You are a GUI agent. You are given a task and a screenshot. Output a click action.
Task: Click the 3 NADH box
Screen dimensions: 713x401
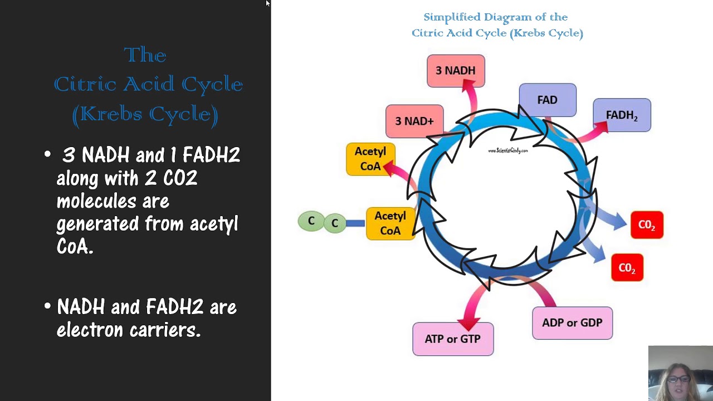click(456, 71)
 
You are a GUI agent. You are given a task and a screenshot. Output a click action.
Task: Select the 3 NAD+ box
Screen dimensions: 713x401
click(414, 121)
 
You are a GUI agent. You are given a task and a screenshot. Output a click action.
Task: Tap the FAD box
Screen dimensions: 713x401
click(548, 100)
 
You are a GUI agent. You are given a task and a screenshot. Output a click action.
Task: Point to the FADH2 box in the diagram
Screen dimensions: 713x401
click(622, 115)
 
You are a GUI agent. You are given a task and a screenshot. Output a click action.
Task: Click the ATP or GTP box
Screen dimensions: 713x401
click(453, 339)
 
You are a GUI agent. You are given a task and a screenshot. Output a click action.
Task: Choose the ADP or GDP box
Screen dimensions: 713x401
click(572, 323)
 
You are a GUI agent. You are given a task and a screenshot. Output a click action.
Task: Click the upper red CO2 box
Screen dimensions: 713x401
click(647, 224)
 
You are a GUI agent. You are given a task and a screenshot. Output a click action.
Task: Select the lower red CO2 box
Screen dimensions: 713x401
click(627, 267)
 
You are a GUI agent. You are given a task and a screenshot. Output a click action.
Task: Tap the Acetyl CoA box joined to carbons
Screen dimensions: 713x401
click(390, 223)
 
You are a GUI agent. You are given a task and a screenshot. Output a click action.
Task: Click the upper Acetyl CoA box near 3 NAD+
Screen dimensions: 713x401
click(370, 159)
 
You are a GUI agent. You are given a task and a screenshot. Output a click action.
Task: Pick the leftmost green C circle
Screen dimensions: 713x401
click(311, 221)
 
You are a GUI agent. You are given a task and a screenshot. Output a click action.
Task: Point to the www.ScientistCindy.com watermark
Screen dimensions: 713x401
click(507, 150)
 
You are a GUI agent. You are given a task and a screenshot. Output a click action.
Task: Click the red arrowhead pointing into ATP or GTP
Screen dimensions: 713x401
click(468, 323)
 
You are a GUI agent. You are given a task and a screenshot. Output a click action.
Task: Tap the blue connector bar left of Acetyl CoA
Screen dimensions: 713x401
click(355, 223)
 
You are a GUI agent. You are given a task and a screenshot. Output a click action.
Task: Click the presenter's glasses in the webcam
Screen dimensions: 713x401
click(678, 379)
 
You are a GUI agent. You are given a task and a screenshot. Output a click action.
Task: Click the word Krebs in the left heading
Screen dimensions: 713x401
click(111, 114)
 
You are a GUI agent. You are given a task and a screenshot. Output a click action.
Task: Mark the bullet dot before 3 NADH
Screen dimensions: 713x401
click(48, 154)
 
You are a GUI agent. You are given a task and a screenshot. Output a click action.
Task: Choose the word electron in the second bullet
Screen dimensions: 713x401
click(90, 330)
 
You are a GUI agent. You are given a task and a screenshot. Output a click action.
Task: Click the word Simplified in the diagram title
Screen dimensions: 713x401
click(452, 17)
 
